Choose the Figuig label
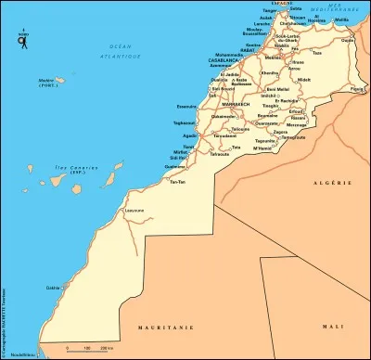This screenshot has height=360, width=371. (x=356, y=89)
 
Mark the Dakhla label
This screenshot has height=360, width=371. (x=52, y=287)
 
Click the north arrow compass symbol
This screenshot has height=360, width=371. (x=21, y=39)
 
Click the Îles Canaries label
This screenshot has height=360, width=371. (x=42, y=168)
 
